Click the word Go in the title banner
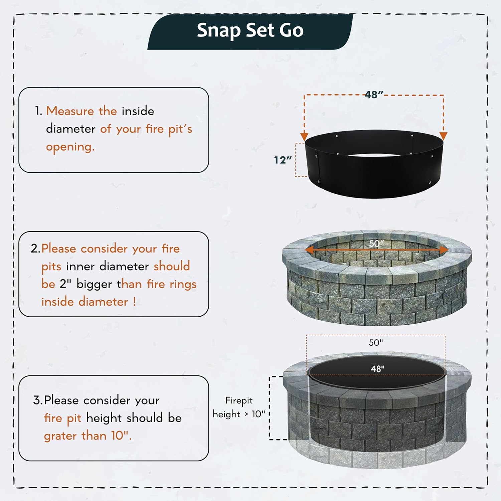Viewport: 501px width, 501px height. (x=291, y=31)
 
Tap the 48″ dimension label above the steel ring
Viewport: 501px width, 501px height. (x=374, y=95)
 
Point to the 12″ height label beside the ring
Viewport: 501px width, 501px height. (x=283, y=160)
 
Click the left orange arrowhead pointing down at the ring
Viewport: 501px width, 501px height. (x=304, y=136)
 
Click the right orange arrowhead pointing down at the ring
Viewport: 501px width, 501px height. (x=443, y=136)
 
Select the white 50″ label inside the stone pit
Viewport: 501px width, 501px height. (x=376, y=243)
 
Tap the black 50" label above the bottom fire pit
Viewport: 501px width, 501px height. (x=376, y=343)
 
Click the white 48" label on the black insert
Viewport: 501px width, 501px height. (x=377, y=369)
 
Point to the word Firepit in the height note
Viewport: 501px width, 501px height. (x=239, y=400)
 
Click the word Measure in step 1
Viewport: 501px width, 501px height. (x=70, y=111)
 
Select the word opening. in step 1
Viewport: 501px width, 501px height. (x=70, y=147)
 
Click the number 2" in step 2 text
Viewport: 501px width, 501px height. (x=65, y=284)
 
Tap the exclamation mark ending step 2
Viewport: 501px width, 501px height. (x=134, y=302)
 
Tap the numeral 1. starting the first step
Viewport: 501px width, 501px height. (x=38, y=111)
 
